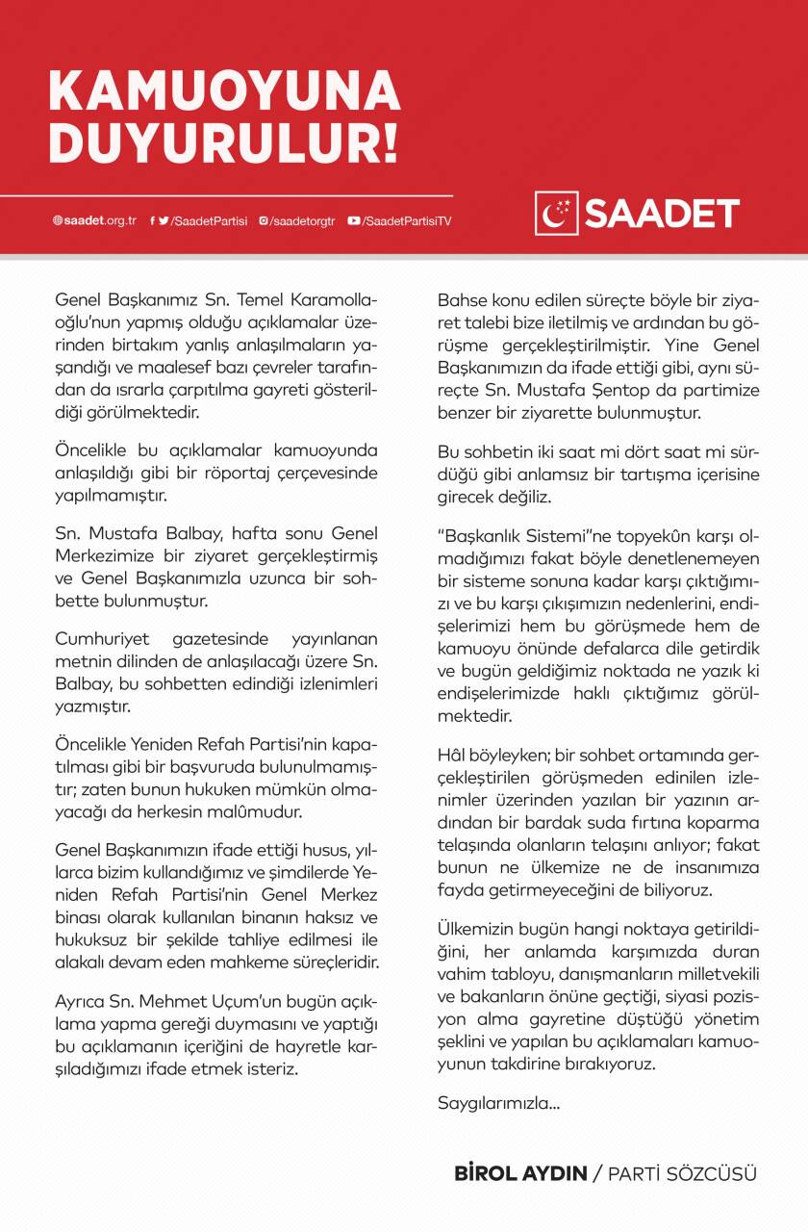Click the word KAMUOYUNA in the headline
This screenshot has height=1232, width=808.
224,91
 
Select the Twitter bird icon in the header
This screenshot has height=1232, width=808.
164,220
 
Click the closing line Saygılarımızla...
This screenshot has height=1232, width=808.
497,1102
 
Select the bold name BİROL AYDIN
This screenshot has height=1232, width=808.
520,1174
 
